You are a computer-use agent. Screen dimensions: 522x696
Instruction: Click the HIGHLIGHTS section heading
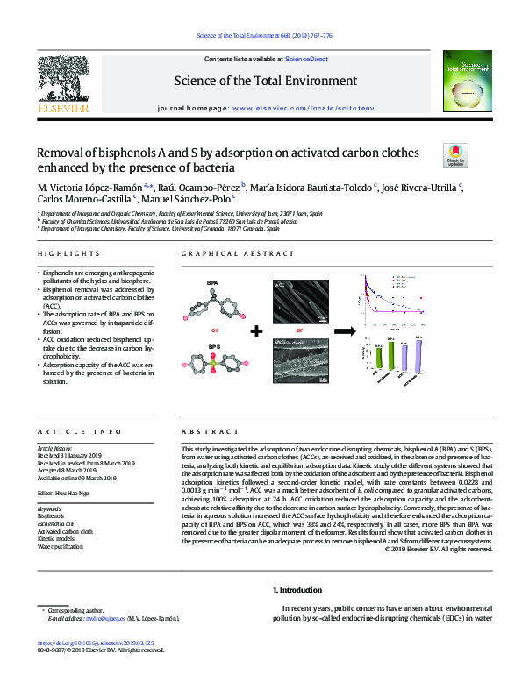click(68, 253)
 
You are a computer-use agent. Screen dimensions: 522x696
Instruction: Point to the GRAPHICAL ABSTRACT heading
click(238, 253)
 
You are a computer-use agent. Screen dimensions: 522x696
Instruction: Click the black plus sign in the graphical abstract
click(257, 331)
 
